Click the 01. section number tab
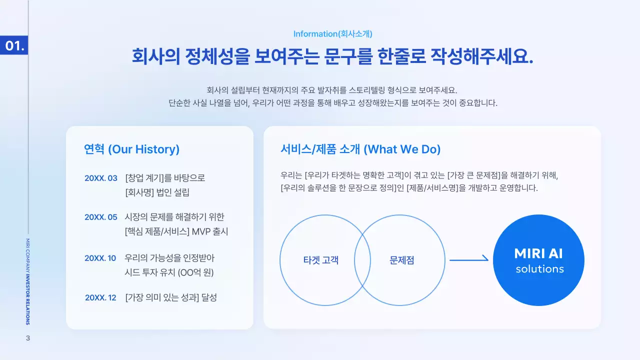tap(14, 46)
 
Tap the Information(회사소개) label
tap(332, 34)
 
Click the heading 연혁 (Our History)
tap(132, 149)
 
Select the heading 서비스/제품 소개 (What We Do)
tap(360, 149)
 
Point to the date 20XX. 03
tap(100, 178)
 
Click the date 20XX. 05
tap(100, 217)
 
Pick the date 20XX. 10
tap(100, 258)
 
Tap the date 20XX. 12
tap(100, 297)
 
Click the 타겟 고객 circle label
tap(320, 260)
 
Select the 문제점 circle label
tap(402, 260)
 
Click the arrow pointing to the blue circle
tap(468, 259)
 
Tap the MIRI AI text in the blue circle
tap(538, 253)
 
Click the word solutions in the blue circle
tap(539, 269)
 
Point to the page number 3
tap(28, 338)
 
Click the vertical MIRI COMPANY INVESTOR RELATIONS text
tap(28, 281)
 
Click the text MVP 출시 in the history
tap(210, 231)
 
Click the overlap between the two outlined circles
tap(362, 260)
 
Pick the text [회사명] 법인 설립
tap(157, 192)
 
